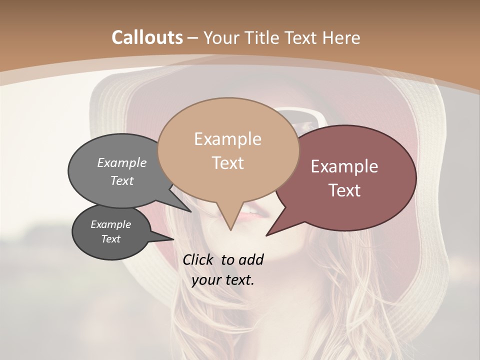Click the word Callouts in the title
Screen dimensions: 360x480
coord(147,37)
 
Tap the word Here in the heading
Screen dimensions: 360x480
coord(340,38)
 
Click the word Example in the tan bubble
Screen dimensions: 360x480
coord(227,139)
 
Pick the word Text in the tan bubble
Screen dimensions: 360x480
coord(227,163)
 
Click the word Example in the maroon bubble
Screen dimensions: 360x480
coord(344,166)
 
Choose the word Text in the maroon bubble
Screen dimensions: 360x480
coord(344,190)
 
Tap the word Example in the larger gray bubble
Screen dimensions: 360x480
coord(121,162)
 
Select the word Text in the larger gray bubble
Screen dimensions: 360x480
coord(121,180)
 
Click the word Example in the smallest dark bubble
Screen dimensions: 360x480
coord(110,224)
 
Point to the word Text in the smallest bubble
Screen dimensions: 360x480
coord(110,239)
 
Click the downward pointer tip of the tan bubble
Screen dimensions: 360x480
coord(230,229)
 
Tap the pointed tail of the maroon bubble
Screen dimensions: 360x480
coord(266,235)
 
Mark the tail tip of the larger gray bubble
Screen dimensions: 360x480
coord(190,211)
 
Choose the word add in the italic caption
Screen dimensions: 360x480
coord(250,259)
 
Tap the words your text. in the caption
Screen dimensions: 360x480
coord(222,280)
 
